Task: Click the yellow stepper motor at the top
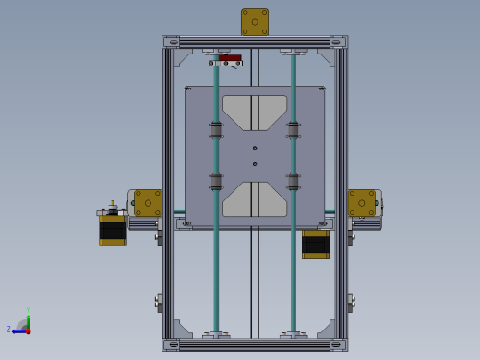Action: pos(255,22)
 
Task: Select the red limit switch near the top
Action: pos(230,58)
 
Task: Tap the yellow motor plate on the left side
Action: pos(148,203)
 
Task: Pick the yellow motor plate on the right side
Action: pos(362,203)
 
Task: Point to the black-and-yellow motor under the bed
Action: pos(315,245)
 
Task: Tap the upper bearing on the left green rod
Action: pos(216,130)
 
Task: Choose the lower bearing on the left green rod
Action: pos(216,182)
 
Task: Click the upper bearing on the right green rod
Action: pos(294,130)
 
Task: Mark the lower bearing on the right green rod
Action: pos(294,182)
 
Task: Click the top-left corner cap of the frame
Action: pos(172,42)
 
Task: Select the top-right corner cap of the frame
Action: pos(338,42)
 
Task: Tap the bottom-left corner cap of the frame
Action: pos(172,344)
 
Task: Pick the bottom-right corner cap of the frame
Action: pos(338,344)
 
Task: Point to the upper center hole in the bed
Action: pos(255,148)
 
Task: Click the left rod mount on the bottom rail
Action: pos(216,335)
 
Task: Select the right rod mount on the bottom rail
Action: pos(294,335)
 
